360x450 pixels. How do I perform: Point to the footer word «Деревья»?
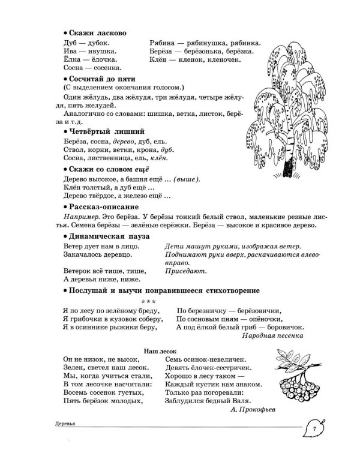(66, 424)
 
